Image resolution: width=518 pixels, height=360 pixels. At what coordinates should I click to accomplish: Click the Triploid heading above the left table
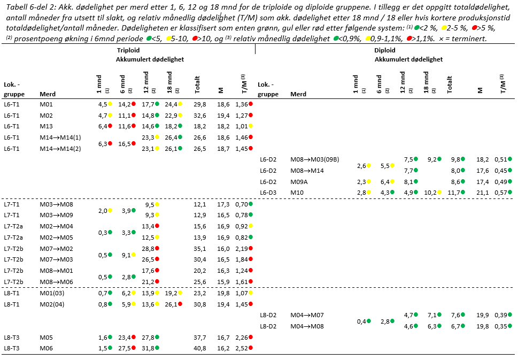pyautogui.click(x=128, y=50)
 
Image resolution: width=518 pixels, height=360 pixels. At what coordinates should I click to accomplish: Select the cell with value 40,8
pyautogui.click(x=200, y=348)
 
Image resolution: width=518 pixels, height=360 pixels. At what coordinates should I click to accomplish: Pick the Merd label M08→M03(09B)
pyautogui.click(x=315, y=159)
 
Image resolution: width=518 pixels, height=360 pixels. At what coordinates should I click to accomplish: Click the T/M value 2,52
pyautogui.click(x=243, y=348)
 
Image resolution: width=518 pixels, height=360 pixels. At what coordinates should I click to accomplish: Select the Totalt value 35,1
pyautogui.click(x=200, y=248)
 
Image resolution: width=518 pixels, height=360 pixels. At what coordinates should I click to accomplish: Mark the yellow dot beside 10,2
pyautogui.click(x=439, y=193)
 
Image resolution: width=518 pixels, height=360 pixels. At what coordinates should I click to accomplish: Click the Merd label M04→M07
pyautogui.click(x=307, y=315)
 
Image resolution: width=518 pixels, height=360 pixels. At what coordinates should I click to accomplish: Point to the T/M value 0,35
pyautogui.click(x=500, y=326)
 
